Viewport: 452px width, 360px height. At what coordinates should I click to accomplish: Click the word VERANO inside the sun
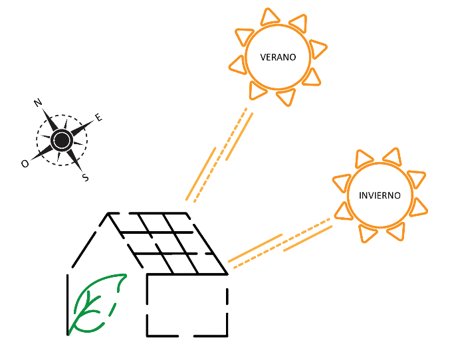(278, 57)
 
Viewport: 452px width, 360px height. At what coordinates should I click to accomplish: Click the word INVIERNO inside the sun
(380, 196)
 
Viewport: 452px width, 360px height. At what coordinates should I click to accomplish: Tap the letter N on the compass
(38, 102)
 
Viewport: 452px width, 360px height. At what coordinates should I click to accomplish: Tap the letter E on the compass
(98, 118)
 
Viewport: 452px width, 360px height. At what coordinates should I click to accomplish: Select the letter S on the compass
(84, 177)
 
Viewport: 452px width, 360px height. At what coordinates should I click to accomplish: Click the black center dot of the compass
(62, 140)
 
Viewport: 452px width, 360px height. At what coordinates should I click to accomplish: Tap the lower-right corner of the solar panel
(227, 273)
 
